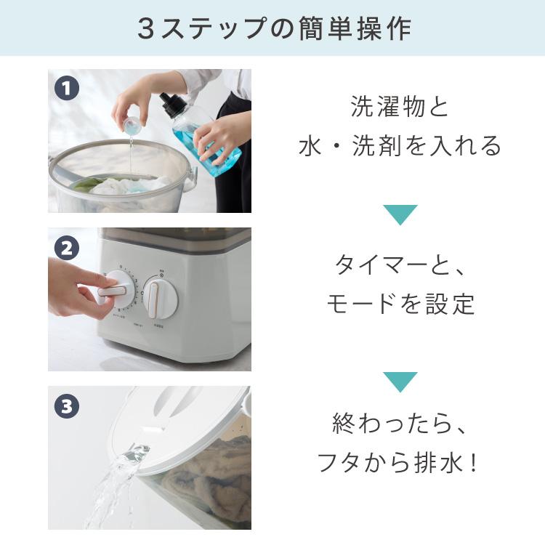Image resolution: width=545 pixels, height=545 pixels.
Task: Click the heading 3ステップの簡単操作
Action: tap(273, 28)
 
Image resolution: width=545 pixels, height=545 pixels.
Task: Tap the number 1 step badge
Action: tap(66, 89)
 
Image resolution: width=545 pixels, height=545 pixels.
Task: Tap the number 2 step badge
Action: tap(66, 249)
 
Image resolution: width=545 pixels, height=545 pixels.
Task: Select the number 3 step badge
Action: tap(66, 407)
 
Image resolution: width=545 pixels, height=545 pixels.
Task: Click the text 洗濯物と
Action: tap(400, 108)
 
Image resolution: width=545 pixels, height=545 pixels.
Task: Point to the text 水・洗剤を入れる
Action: tap(400, 145)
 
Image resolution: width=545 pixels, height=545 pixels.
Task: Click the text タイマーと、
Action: tap(400, 266)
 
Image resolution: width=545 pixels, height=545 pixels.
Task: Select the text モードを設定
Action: tap(400, 304)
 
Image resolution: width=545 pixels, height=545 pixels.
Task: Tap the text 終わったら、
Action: tap(400, 424)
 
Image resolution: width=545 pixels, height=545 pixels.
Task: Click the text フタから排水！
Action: tap(400, 462)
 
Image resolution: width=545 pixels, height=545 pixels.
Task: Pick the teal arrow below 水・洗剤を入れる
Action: tap(400, 214)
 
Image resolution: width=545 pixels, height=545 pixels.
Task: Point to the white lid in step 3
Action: tap(189, 414)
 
